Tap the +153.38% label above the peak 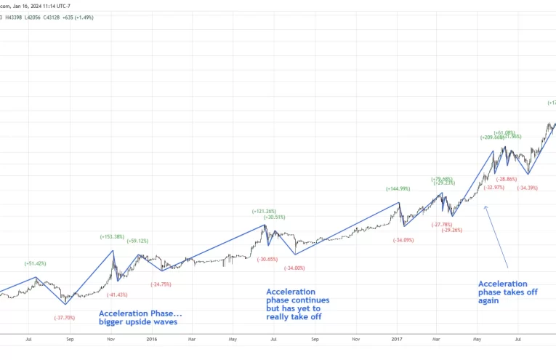pyautogui.click(x=112, y=236)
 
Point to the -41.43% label pyautogui.click(x=117, y=295)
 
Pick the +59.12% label pyautogui.click(x=138, y=241)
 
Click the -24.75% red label pyautogui.click(x=161, y=284)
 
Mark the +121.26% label pyautogui.click(x=264, y=211)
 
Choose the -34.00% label pyautogui.click(x=294, y=268)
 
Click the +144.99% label pyautogui.click(x=398, y=188)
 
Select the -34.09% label pyautogui.click(x=403, y=240)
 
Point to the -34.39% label pyautogui.click(x=527, y=188)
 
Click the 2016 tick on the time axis pyautogui.click(x=151, y=338)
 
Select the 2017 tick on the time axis pyautogui.click(x=396, y=338)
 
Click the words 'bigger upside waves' pyautogui.click(x=137, y=321)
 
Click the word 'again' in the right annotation pyautogui.click(x=488, y=301)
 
